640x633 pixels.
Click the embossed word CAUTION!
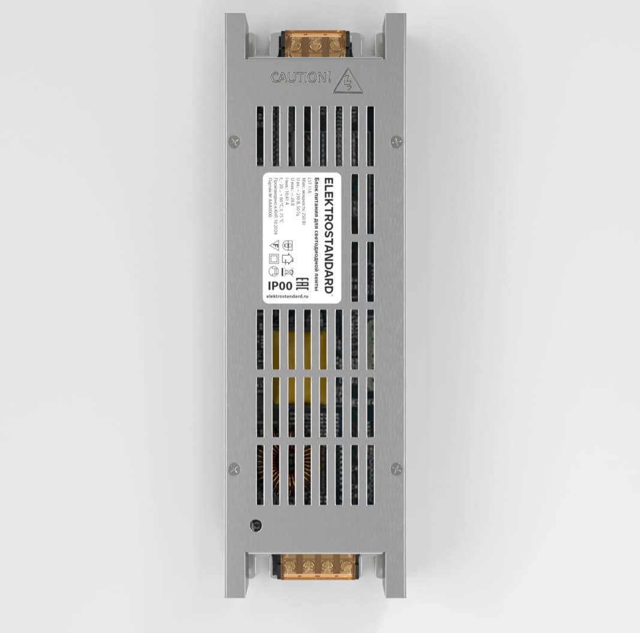(300, 77)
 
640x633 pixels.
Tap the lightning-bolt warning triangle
(346, 81)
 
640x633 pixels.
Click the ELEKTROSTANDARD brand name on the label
(328, 234)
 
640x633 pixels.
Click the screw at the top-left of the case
(234, 141)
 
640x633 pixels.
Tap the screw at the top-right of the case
(396, 141)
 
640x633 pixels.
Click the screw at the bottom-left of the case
(234, 469)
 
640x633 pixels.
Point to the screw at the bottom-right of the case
(396, 469)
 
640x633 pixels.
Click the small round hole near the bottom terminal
(255, 525)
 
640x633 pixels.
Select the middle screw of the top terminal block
(316, 46)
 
